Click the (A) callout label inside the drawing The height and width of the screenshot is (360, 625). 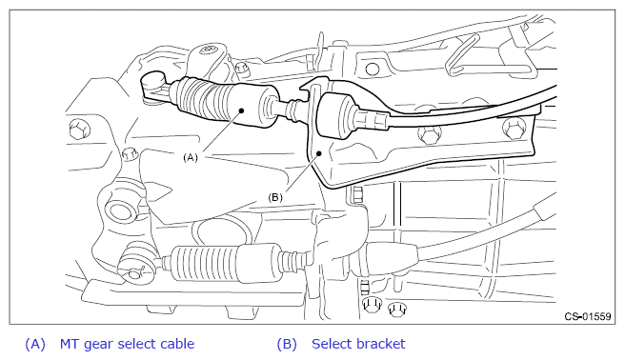[x=191, y=157]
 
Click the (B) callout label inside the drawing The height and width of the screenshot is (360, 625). [x=275, y=197]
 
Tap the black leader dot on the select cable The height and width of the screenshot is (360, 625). [x=242, y=110]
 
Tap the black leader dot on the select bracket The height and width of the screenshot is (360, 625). [x=319, y=153]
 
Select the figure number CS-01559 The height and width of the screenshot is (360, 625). [x=588, y=316]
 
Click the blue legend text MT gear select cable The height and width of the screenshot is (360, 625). [x=127, y=344]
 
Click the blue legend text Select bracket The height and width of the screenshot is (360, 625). [x=358, y=344]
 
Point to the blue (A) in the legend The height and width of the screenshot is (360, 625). [x=35, y=344]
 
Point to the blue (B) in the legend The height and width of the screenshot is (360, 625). [x=287, y=344]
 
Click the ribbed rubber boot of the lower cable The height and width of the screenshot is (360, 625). [x=204, y=263]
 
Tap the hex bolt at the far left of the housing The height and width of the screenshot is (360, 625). [x=79, y=130]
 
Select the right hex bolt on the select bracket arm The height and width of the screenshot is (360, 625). [x=514, y=129]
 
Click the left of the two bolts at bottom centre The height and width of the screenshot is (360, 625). [x=372, y=305]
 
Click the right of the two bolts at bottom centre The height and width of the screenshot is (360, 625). [x=396, y=309]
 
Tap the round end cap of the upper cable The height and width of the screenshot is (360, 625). [x=153, y=80]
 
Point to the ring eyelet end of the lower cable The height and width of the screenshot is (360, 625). [x=135, y=265]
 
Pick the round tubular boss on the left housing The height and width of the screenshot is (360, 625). [x=120, y=211]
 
